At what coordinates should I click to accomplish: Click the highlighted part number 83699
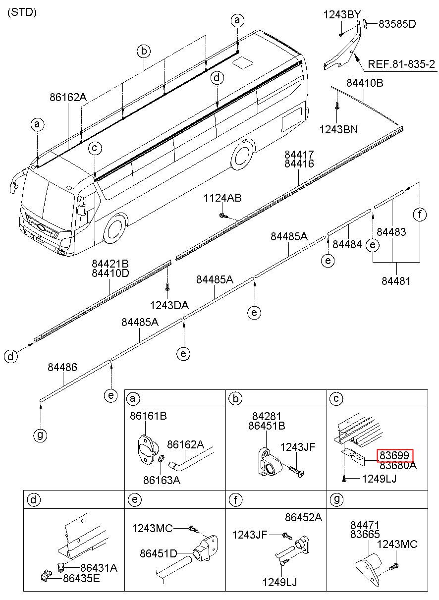point(395,455)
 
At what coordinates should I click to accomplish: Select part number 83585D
point(397,23)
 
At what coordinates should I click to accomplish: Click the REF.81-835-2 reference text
point(402,64)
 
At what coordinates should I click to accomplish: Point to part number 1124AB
point(222,198)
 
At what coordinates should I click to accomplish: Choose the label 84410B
point(365,83)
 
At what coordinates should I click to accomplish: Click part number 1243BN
point(339,130)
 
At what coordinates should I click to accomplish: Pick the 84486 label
point(62,367)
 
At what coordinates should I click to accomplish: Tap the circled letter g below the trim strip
point(40,436)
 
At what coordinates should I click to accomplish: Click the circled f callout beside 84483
point(420,215)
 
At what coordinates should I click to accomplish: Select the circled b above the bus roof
point(144,51)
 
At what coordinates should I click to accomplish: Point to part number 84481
point(396,281)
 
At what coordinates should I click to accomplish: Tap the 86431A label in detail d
point(99,568)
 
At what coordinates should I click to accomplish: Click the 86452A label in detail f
point(303,518)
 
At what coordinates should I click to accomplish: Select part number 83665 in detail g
point(365,534)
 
